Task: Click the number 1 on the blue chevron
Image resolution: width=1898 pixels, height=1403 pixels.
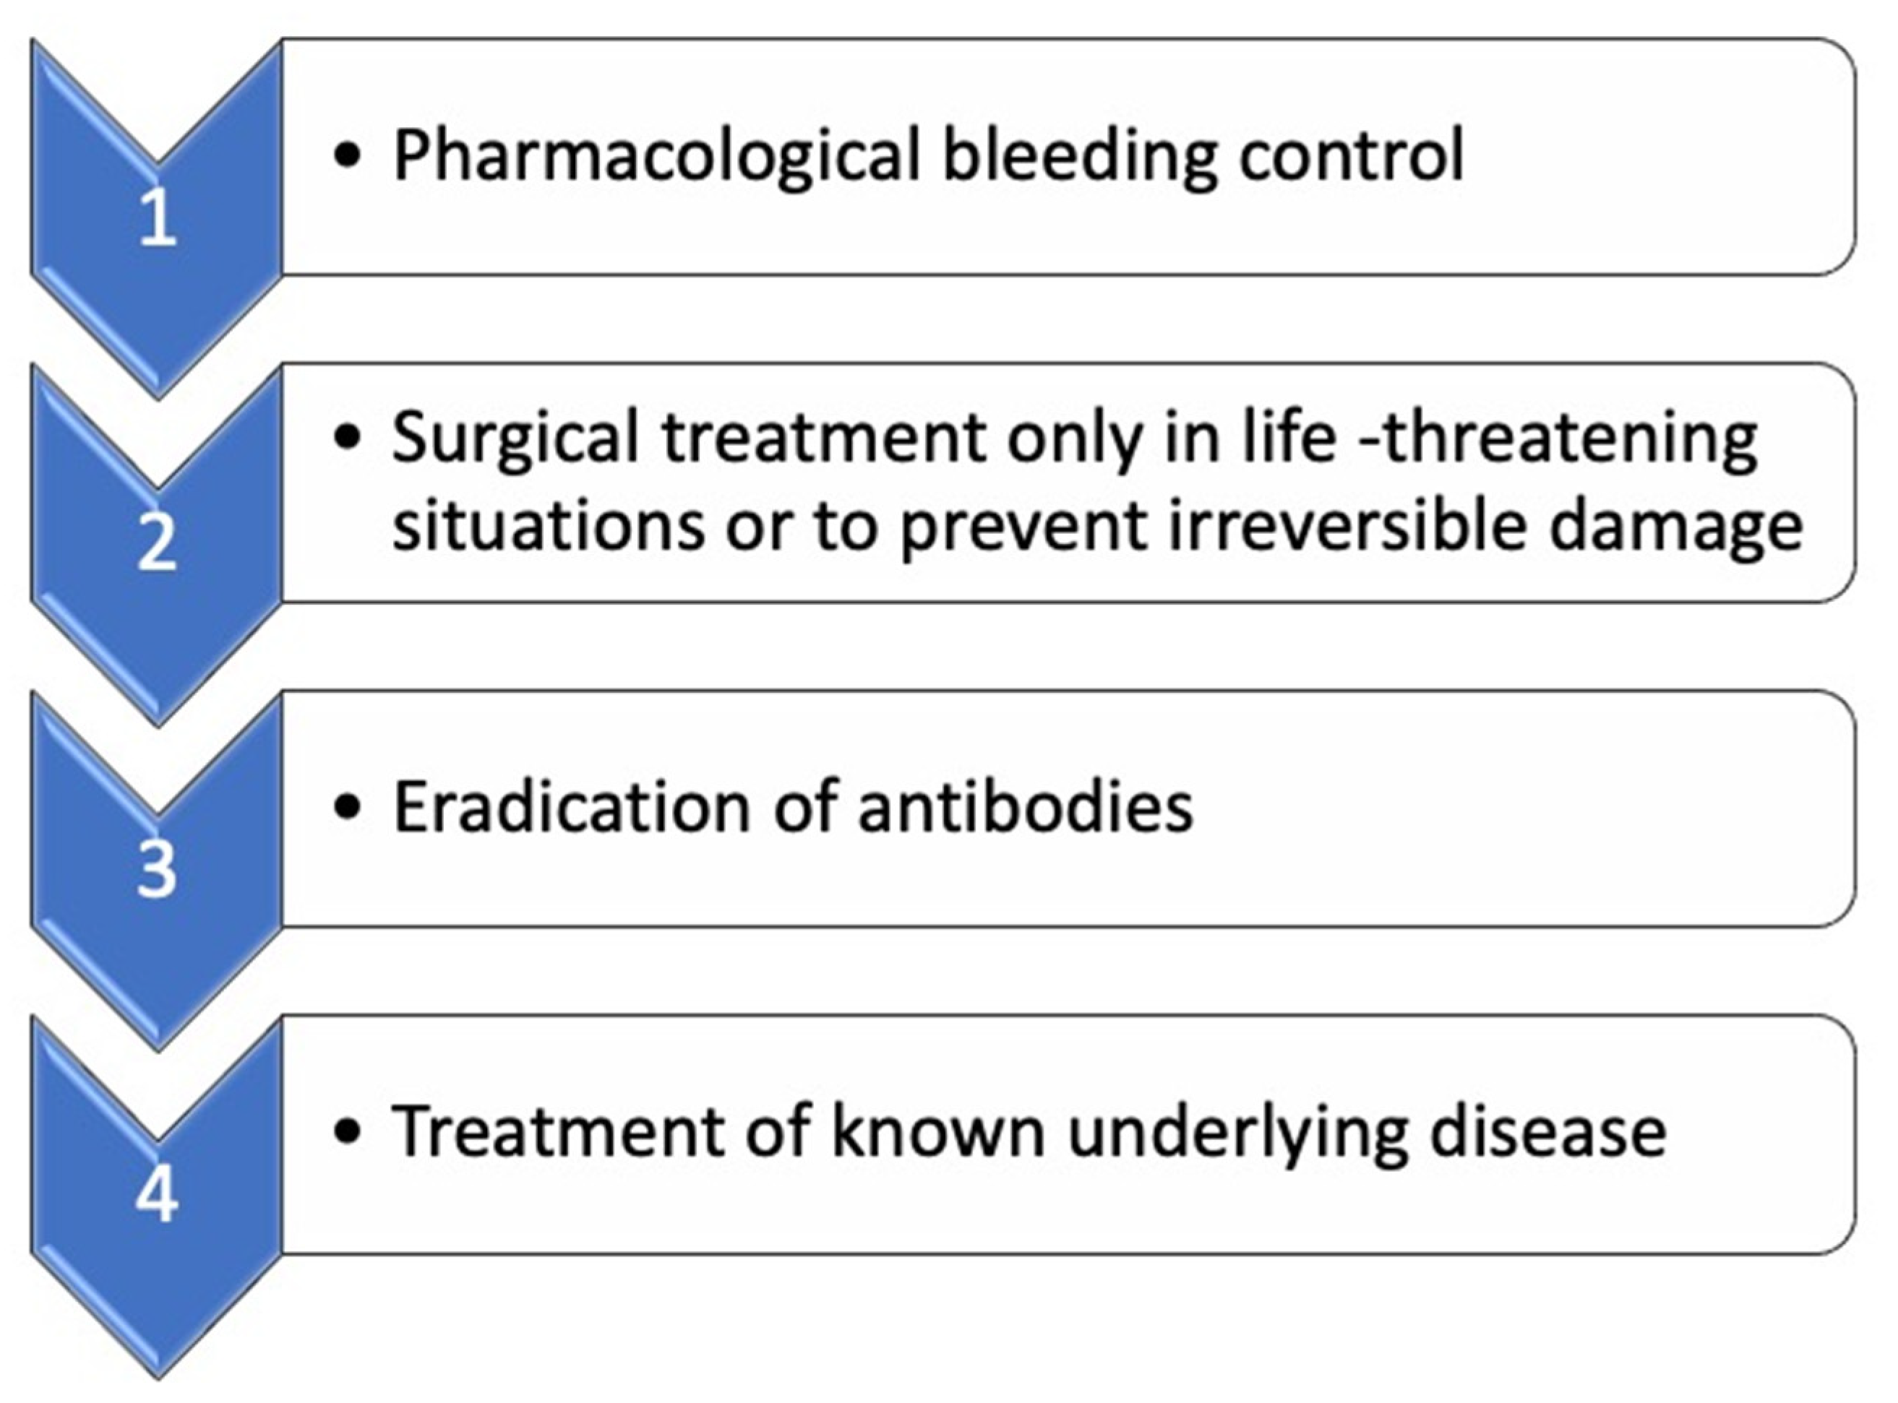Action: point(158,218)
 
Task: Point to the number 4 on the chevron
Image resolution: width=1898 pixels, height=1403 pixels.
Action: point(157,1193)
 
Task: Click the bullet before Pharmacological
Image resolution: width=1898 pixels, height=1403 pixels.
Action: point(348,157)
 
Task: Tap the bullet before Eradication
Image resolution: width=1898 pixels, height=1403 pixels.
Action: point(348,808)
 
